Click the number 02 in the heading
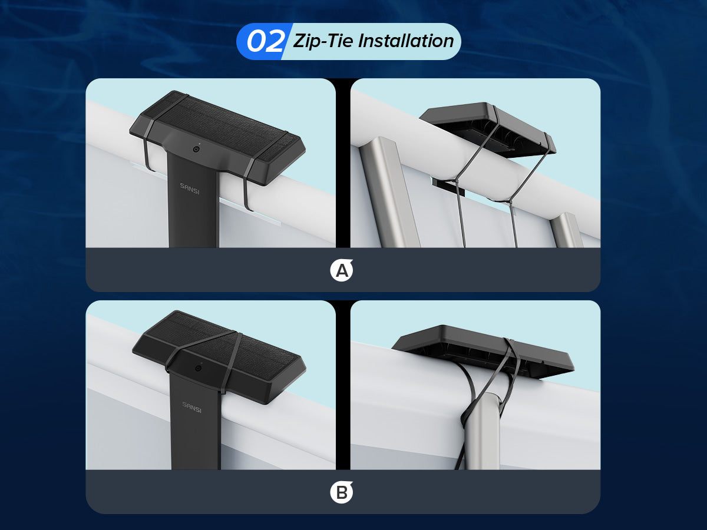[265, 41]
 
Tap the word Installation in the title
[406, 41]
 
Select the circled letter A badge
[341, 270]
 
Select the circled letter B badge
[341, 492]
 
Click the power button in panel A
[196, 150]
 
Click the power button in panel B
[198, 368]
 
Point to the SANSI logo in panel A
[190, 189]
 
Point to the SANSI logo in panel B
[191, 408]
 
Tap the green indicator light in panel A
[200, 144]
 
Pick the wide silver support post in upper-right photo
[391, 193]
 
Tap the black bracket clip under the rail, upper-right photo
[448, 187]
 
